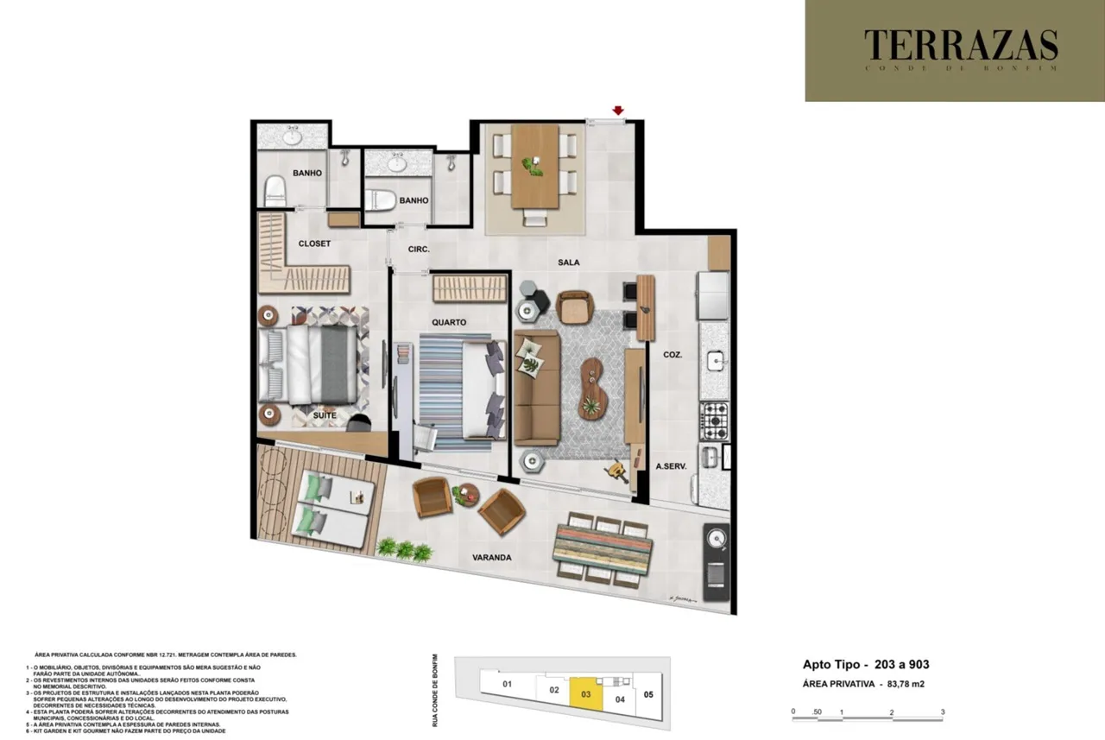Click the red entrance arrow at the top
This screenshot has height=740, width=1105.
618,110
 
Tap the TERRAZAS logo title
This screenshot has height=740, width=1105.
961,45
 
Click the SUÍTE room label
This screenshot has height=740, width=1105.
325,415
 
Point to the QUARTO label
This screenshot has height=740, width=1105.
449,322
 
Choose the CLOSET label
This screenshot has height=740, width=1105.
314,244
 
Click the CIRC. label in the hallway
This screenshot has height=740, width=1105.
419,250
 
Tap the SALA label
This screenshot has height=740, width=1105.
568,262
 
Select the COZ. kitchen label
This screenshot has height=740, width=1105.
673,353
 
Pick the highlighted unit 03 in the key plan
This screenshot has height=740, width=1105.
585,693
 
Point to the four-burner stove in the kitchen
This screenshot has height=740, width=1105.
714,420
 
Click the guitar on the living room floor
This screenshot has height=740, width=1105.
616,471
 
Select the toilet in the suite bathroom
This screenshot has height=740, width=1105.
275,190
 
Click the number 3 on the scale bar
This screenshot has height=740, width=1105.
943,712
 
